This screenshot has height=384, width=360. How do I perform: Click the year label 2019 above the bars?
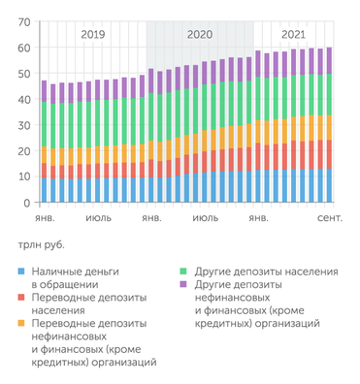(x=93, y=34)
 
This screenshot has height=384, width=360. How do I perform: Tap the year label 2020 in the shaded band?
(x=199, y=34)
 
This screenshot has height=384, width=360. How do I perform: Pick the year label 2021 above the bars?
(x=293, y=34)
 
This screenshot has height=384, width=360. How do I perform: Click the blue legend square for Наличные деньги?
(x=21, y=273)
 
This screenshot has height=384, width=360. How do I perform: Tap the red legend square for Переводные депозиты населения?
(x=21, y=299)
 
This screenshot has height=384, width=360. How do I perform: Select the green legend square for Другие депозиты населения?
(x=184, y=273)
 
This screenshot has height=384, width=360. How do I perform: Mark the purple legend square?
(x=184, y=286)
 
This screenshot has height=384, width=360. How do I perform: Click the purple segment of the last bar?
(x=330, y=60)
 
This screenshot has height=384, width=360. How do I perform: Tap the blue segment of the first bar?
(x=45, y=190)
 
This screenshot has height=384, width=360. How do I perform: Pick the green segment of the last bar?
(x=330, y=94)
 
